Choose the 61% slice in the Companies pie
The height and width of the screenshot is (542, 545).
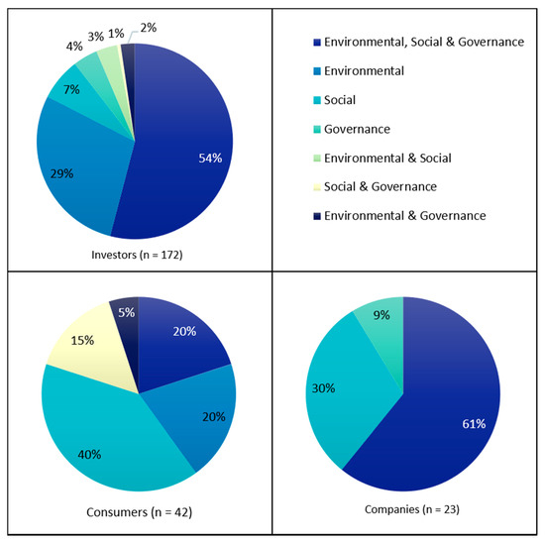[446, 416]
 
